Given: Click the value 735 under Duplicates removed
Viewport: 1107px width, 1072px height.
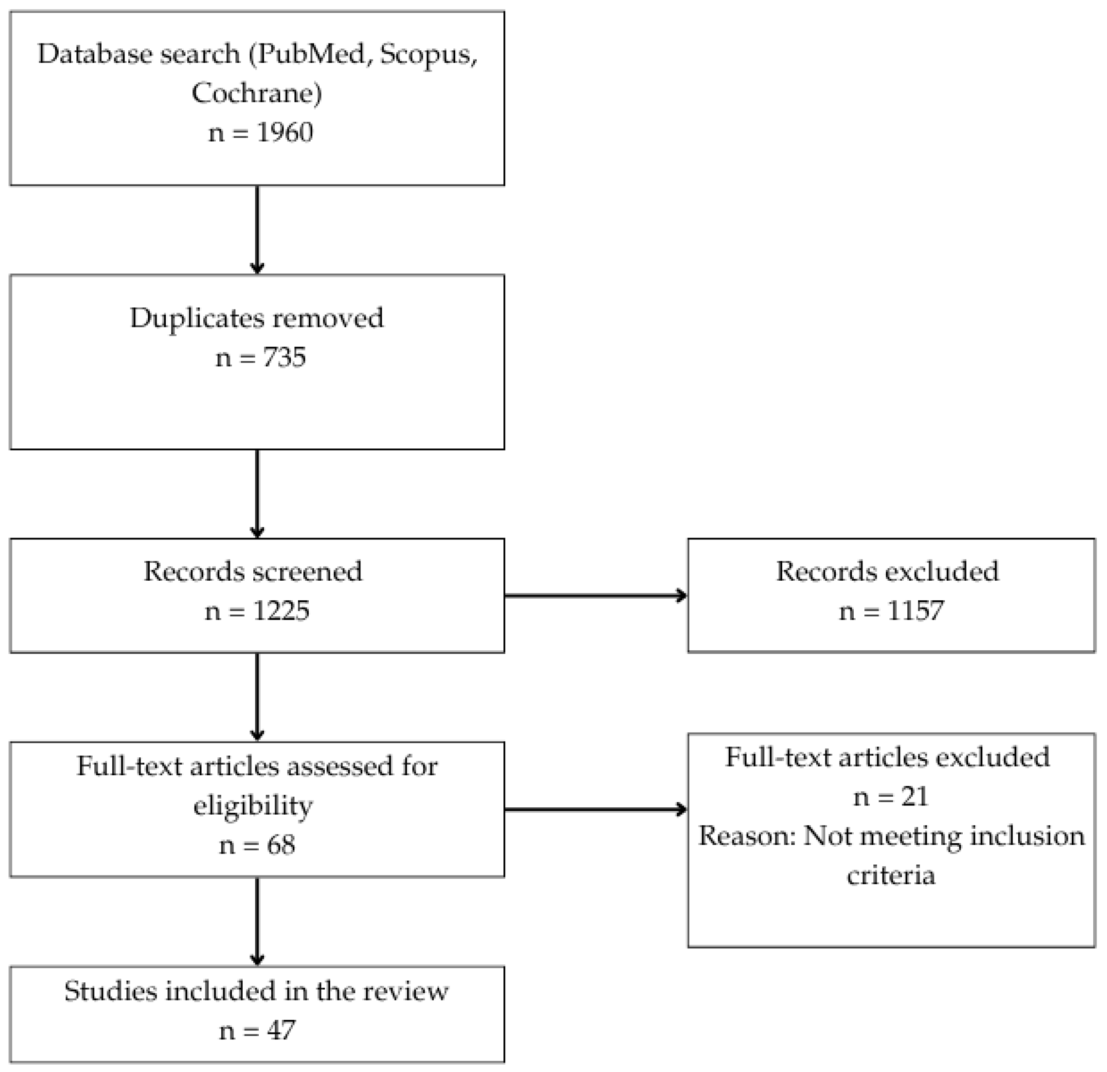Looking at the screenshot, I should pyautogui.click(x=284, y=358).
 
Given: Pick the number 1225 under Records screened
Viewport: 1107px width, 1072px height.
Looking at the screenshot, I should pyautogui.click(x=281, y=610).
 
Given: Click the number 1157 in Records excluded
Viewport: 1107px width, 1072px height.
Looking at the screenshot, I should pyautogui.click(x=915, y=610).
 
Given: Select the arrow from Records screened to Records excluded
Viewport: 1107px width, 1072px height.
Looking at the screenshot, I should pyautogui.click(x=595, y=595).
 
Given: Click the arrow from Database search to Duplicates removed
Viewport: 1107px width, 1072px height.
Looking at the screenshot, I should pyautogui.click(x=257, y=229).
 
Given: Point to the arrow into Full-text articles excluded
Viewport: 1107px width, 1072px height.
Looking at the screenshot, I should pyautogui.click(x=595, y=809).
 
